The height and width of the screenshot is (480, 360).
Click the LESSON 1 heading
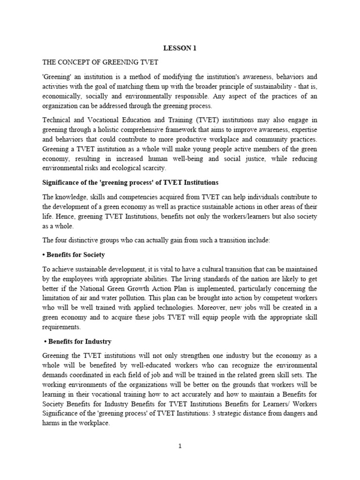180,47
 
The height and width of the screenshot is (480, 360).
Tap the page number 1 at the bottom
180,446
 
